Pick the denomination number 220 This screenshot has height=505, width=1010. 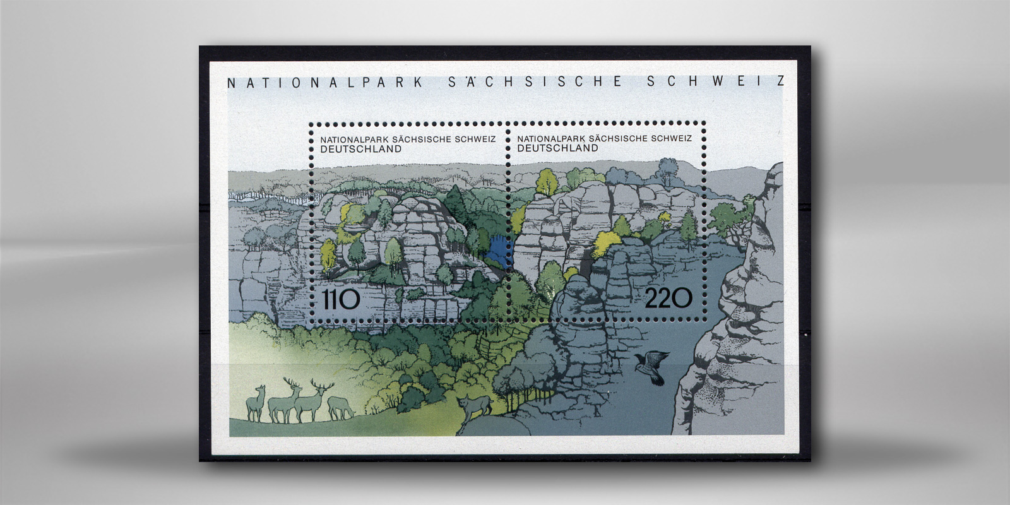(668, 298)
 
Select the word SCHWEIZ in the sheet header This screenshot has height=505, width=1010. (716, 81)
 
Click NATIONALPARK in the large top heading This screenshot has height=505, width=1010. (324, 83)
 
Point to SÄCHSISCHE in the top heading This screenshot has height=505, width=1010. (535, 82)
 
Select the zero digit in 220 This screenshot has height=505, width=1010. (682, 298)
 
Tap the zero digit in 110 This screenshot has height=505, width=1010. (351, 299)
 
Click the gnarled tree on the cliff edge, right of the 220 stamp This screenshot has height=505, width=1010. (730, 218)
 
